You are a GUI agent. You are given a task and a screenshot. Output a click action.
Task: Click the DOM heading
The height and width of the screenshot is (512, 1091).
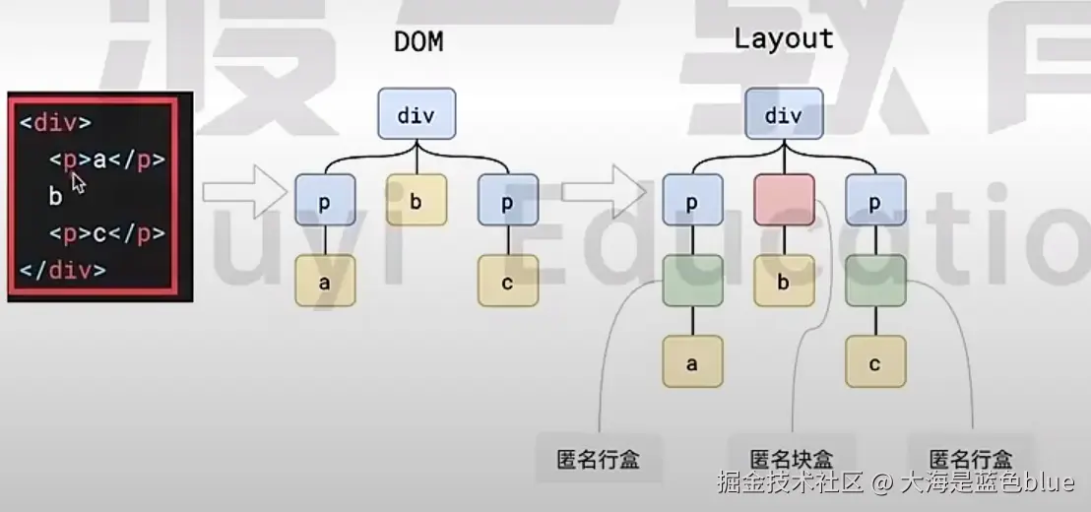pyautogui.click(x=417, y=41)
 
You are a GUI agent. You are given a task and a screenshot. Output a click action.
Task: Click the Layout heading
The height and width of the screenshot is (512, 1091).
pyautogui.click(x=784, y=38)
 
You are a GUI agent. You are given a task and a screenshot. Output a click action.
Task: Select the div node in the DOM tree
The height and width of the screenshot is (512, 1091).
pyautogui.click(x=416, y=114)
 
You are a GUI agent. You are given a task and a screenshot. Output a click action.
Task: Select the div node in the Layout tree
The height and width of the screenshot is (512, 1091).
pyautogui.click(x=784, y=114)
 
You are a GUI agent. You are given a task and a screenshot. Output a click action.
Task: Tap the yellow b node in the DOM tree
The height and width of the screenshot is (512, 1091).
pyautogui.click(x=416, y=202)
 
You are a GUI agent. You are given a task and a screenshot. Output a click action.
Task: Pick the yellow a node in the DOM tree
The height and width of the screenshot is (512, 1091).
pyautogui.click(x=324, y=282)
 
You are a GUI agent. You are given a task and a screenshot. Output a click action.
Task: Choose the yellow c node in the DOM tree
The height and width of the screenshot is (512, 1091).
pyautogui.click(x=508, y=282)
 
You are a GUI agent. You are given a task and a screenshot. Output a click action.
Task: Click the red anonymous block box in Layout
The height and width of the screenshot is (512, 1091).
pyautogui.click(x=784, y=201)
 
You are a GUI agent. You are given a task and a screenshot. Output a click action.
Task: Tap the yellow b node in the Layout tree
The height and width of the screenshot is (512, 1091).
pyautogui.click(x=784, y=282)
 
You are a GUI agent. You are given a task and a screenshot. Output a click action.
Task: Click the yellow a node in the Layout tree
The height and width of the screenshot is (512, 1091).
pyautogui.click(x=692, y=363)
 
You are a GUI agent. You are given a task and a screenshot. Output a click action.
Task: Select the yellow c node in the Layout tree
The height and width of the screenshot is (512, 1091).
pyautogui.click(x=874, y=363)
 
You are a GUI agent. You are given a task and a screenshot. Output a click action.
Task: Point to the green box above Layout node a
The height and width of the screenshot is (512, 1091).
pyautogui.click(x=692, y=281)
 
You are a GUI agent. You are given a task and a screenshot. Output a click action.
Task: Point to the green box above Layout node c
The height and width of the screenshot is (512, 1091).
pyautogui.click(x=874, y=281)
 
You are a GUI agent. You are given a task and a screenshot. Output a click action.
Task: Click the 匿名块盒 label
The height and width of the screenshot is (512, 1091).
pyautogui.click(x=792, y=459)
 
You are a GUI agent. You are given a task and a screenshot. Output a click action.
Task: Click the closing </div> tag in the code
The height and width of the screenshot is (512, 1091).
pyautogui.click(x=62, y=270)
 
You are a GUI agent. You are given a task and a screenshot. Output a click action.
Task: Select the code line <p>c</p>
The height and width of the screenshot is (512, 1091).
pyautogui.click(x=106, y=233)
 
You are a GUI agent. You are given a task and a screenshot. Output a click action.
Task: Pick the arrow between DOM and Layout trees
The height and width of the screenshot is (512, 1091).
pyautogui.click(x=610, y=191)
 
